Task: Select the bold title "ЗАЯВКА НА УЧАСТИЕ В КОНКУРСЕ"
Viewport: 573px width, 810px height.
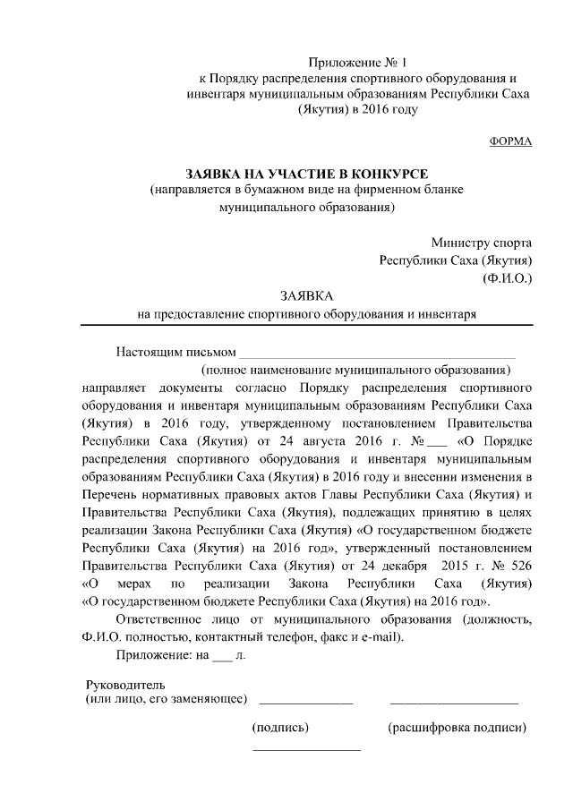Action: point(306,173)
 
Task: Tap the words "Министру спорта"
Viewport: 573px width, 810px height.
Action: point(481,243)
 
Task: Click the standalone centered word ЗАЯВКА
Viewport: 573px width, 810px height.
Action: point(306,295)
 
